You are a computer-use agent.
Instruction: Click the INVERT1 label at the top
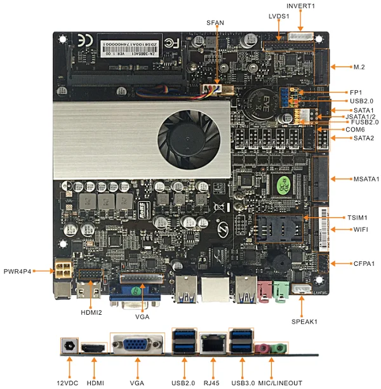300,6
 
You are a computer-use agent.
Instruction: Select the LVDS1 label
279,15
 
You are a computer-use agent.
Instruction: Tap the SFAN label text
215,22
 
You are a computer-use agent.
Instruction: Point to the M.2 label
359,67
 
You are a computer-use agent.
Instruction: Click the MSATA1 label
364,179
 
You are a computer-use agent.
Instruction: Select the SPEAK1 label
305,321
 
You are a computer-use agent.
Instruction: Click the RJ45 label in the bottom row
211,383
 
